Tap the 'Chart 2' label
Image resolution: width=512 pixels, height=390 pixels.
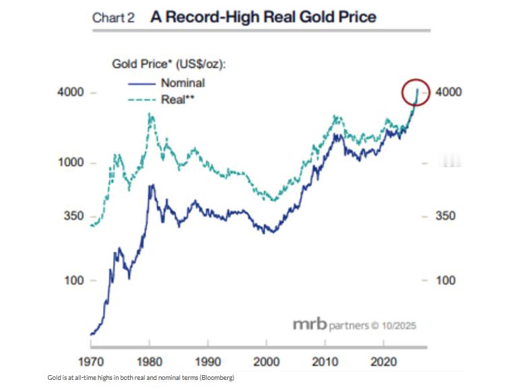[x=113, y=18]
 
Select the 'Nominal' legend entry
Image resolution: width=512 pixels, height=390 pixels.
[x=183, y=84]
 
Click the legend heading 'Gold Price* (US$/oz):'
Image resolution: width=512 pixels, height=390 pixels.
[x=168, y=65]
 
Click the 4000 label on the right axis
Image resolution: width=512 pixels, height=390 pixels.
[x=449, y=92]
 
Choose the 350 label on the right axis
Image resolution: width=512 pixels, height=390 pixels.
[x=446, y=216]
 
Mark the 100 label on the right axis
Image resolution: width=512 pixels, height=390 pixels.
[x=446, y=281]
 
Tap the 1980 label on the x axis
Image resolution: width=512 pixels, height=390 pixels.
[x=150, y=360]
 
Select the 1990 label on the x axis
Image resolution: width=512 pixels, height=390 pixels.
[x=210, y=360]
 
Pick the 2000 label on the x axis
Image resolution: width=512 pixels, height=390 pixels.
[x=269, y=360]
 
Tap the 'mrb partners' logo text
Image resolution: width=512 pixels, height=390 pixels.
[x=331, y=325]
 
